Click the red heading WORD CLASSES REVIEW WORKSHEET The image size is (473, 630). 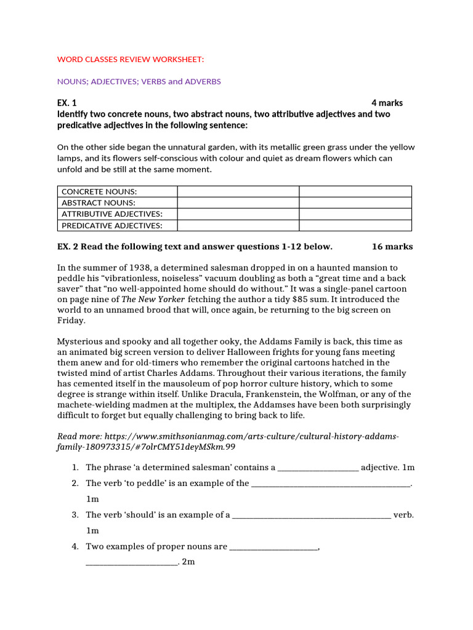[x=130, y=59]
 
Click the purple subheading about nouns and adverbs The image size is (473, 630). [x=139, y=81]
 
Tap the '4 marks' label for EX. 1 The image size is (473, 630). [x=387, y=103]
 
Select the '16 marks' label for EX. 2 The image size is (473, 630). [x=392, y=247]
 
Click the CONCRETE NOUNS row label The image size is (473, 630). [x=97, y=192]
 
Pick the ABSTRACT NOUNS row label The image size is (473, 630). [x=97, y=203]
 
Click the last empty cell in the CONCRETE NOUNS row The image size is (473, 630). [x=355, y=192]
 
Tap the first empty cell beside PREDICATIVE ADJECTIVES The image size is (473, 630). [x=238, y=225]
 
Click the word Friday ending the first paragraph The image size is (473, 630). [x=71, y=321]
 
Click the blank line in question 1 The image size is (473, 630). [x=318, y=468]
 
